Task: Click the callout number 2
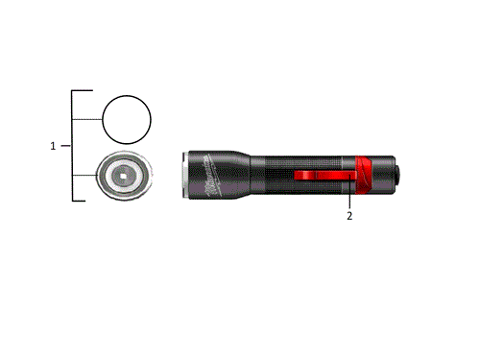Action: pyautogui.click(x=349, y=217)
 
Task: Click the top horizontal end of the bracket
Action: pyautogui.click(x=83, y=91)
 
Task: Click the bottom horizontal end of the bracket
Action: pyautogui.click(x=83, y=200)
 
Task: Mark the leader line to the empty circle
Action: pyautogui.click(x=88, y=118)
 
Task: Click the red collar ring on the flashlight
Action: pyautogui.click(x=365, y=173)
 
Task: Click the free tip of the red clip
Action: pyautogui.click(x=296, y=175)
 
